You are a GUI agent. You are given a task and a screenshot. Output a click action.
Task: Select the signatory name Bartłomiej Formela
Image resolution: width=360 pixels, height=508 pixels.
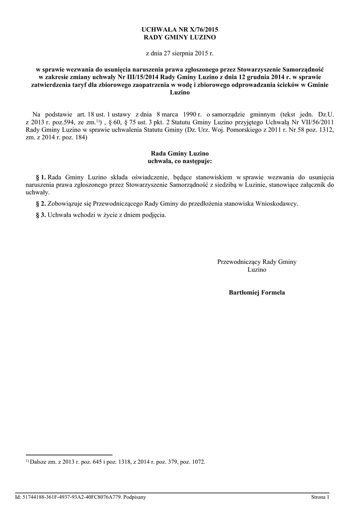coord(257,293)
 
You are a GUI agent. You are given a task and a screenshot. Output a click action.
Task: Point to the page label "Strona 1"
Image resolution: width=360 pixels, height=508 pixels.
coord(320,497)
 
